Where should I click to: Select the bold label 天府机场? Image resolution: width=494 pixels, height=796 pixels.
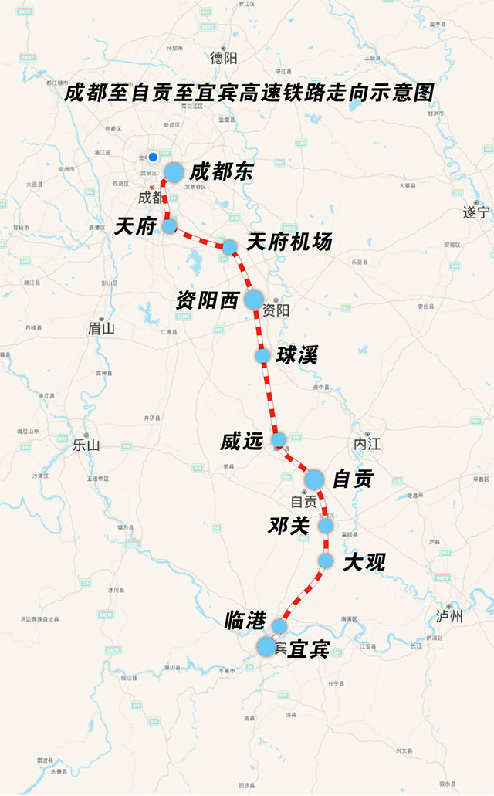[289, 242]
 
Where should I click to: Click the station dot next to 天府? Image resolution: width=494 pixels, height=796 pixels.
[169, 225]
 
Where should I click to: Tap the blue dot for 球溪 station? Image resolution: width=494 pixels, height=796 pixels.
[262, 355]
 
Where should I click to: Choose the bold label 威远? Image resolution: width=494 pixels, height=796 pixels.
[242, 442]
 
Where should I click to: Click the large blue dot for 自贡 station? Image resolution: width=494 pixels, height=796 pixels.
[313, 479]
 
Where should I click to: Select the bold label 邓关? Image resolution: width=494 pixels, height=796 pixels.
[288, 526]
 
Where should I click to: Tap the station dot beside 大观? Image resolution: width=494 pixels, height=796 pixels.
[325, 561]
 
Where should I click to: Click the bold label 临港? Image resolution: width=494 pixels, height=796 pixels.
[245, 619]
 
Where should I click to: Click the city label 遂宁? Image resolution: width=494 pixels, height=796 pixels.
[476, 212]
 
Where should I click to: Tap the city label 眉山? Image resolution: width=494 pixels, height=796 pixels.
[101, 328]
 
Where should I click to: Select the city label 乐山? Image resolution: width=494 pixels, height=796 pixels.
[86, 445]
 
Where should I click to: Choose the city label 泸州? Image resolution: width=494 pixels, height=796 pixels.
[449, 615]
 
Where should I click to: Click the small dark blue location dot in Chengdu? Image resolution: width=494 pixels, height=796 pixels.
[153, 157]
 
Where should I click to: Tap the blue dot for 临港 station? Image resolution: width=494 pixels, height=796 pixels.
[279, 625]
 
